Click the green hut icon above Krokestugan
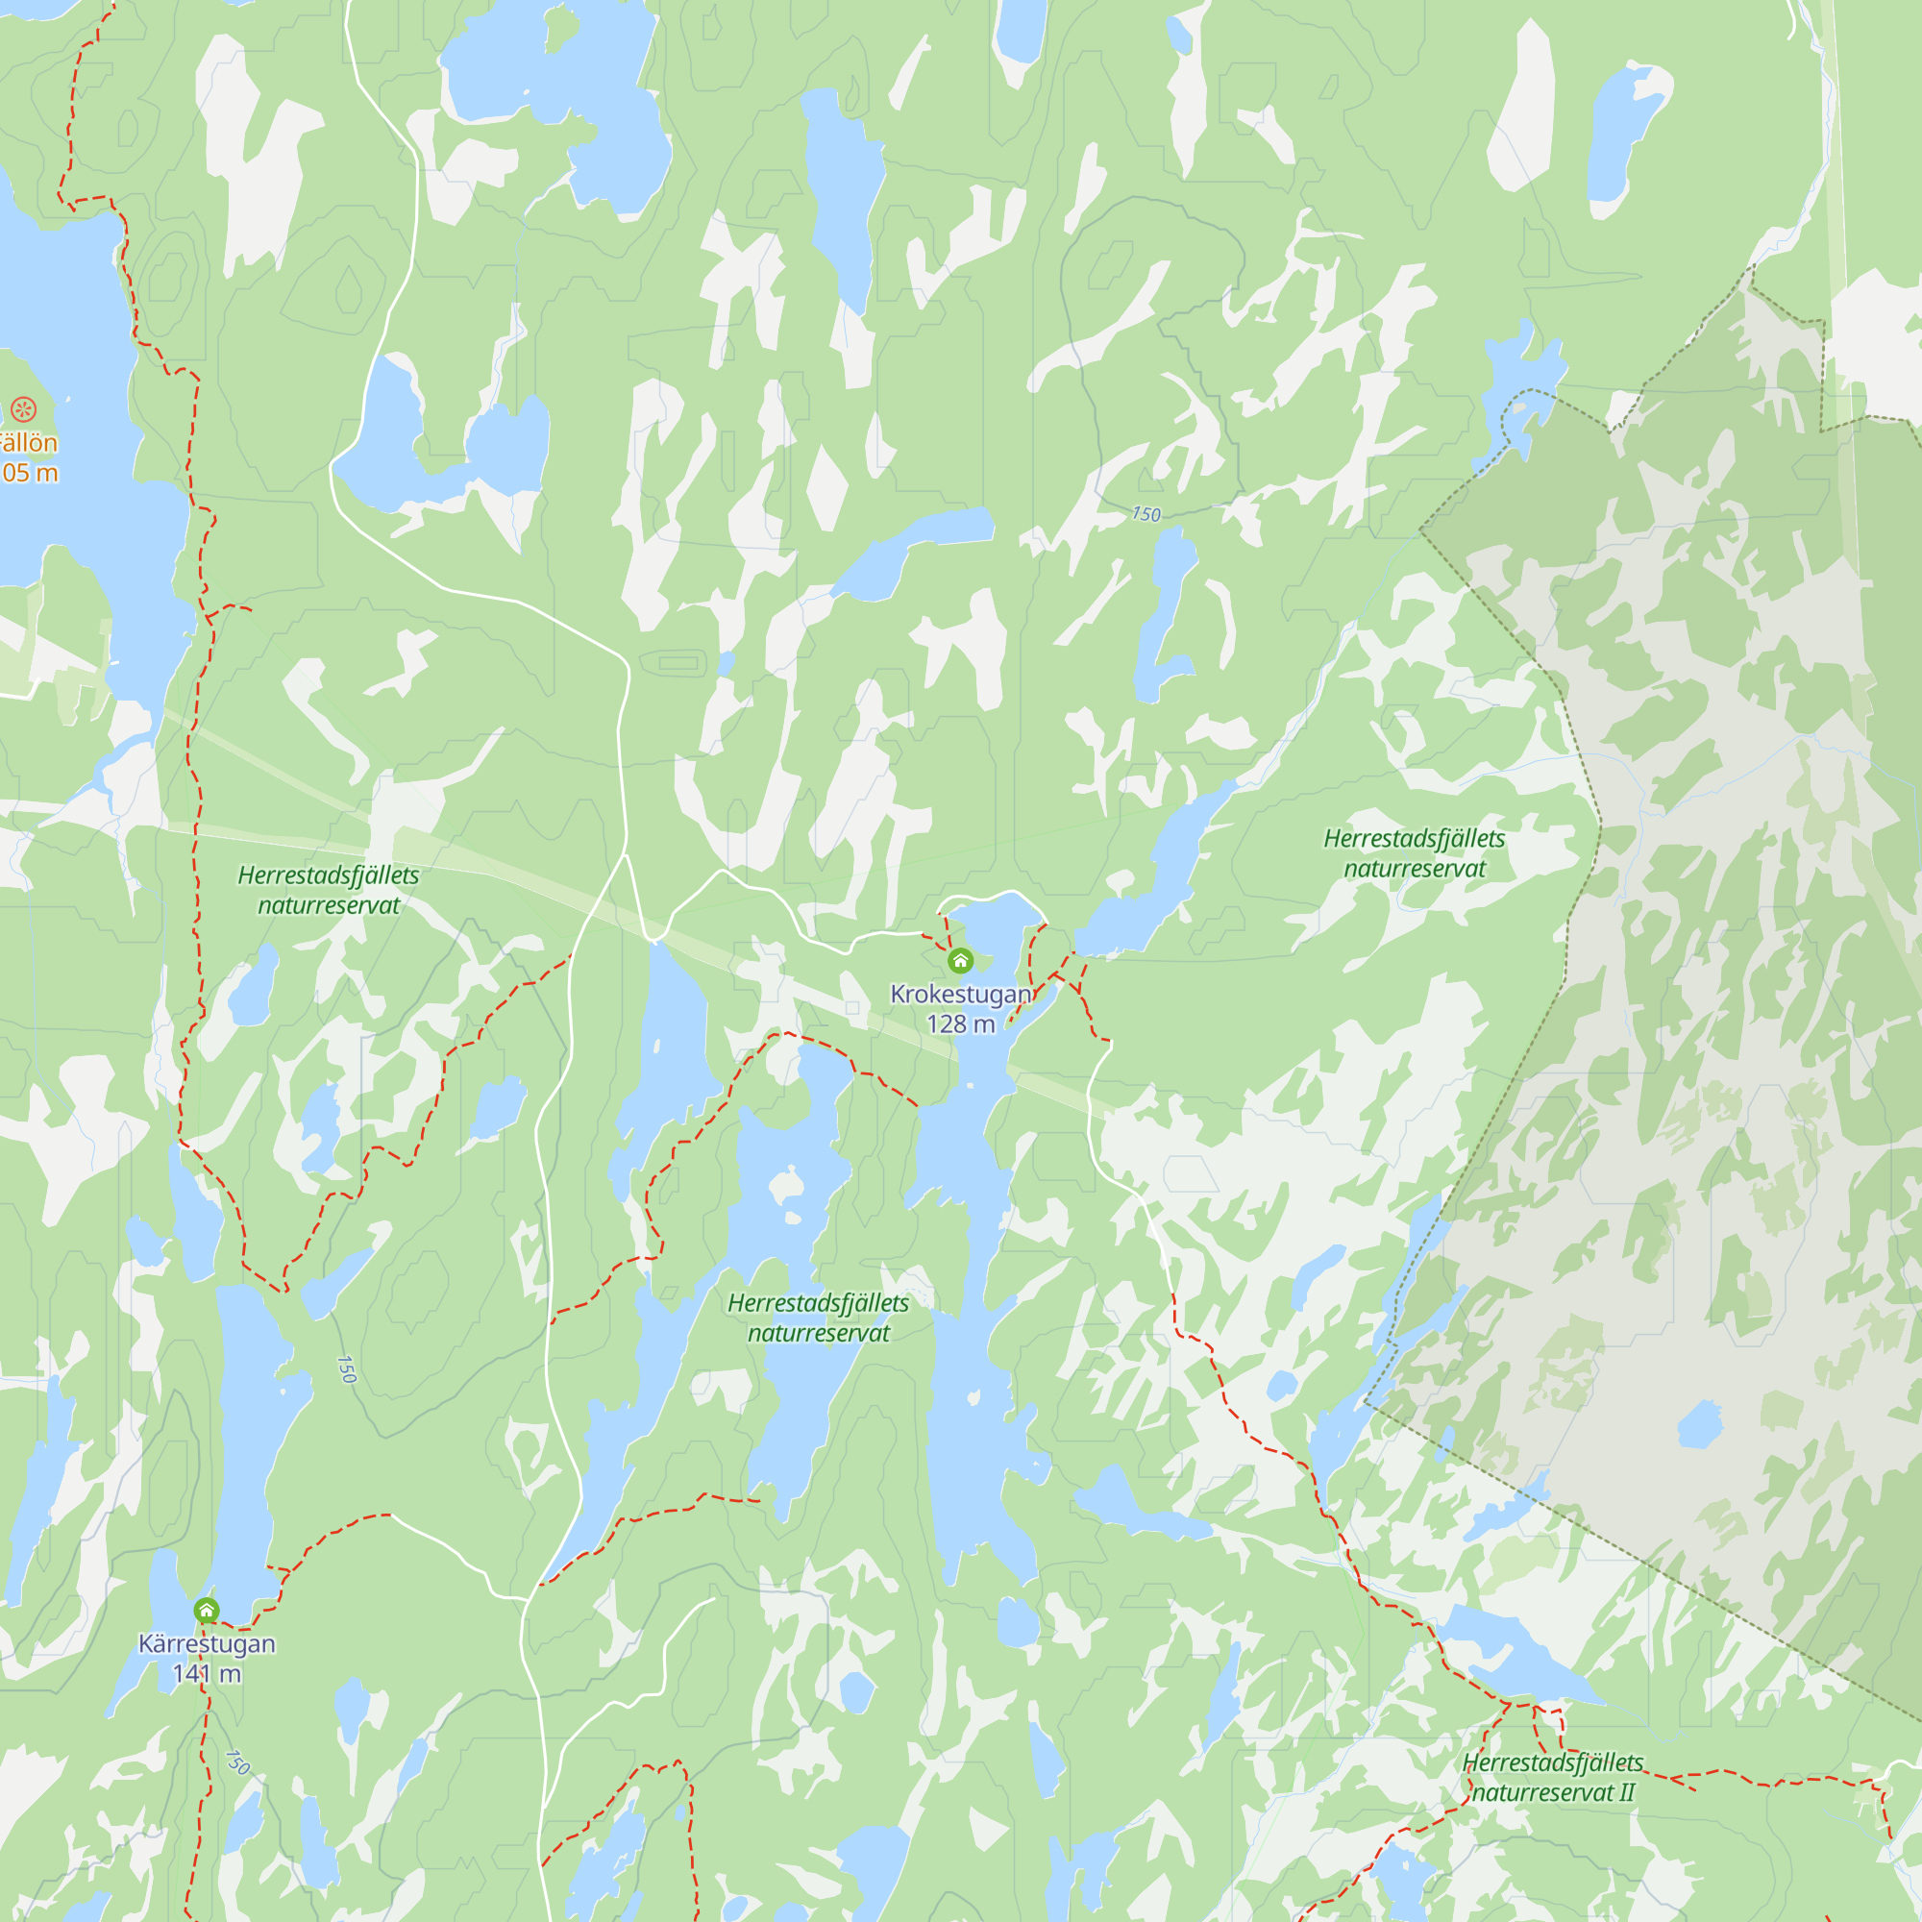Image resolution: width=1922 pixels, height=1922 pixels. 960,961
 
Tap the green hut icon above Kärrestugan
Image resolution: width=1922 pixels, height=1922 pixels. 206,1610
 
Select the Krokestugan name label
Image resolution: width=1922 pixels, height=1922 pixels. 960,994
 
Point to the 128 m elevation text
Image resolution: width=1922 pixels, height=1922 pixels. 960,1023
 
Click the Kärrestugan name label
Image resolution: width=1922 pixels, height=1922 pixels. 207,1643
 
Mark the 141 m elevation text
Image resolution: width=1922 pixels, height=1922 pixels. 207,1673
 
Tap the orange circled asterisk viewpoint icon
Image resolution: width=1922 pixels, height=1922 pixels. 24,408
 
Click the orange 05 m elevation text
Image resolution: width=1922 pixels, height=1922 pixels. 30,473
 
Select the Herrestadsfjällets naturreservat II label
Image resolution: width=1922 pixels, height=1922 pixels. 1552,1777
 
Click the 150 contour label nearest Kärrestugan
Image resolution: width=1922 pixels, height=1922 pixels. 236,1762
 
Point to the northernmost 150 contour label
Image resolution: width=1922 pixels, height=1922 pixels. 1146,514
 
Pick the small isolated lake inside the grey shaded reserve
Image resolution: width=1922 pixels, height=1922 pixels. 1699,1425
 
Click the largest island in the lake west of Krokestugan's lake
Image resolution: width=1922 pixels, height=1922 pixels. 787,1185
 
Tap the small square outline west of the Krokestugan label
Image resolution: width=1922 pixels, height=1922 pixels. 852,1008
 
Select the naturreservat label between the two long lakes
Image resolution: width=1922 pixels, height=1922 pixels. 818,1318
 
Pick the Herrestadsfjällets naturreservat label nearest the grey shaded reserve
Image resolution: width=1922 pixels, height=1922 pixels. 1414,852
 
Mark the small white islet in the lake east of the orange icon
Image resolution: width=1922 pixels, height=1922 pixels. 68,399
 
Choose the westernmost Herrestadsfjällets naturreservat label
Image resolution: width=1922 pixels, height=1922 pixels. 329,889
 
